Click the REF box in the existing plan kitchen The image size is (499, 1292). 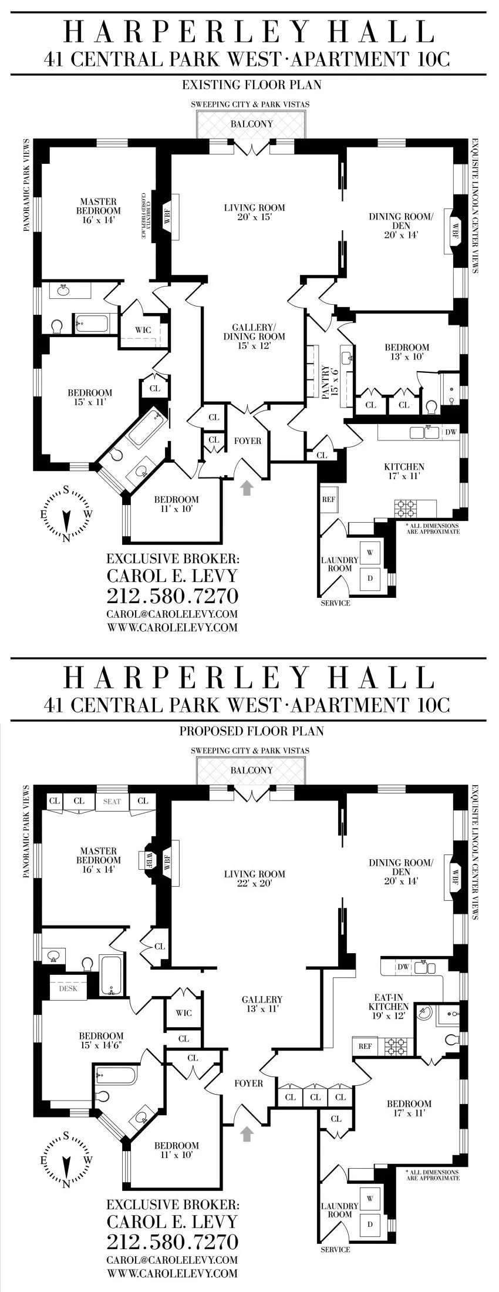(x=329, y=500)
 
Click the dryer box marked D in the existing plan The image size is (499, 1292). (x=370, y=577)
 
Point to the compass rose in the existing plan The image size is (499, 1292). (x=66, y=514)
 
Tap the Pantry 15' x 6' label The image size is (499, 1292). (x=326, y=382)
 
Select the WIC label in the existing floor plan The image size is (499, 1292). (x=143, y=330)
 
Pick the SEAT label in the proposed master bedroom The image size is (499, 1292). (x=112, y=801)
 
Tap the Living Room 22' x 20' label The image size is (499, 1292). (x=254, y=878)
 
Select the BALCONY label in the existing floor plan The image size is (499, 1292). (x=251, y=124)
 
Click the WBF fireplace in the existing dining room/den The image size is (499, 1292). (x=453, y=233)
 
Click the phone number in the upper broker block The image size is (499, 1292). (x=173, y=595)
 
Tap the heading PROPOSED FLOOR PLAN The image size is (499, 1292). (x=251, y=731)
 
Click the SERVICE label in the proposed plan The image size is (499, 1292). (x=335, y=1249)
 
